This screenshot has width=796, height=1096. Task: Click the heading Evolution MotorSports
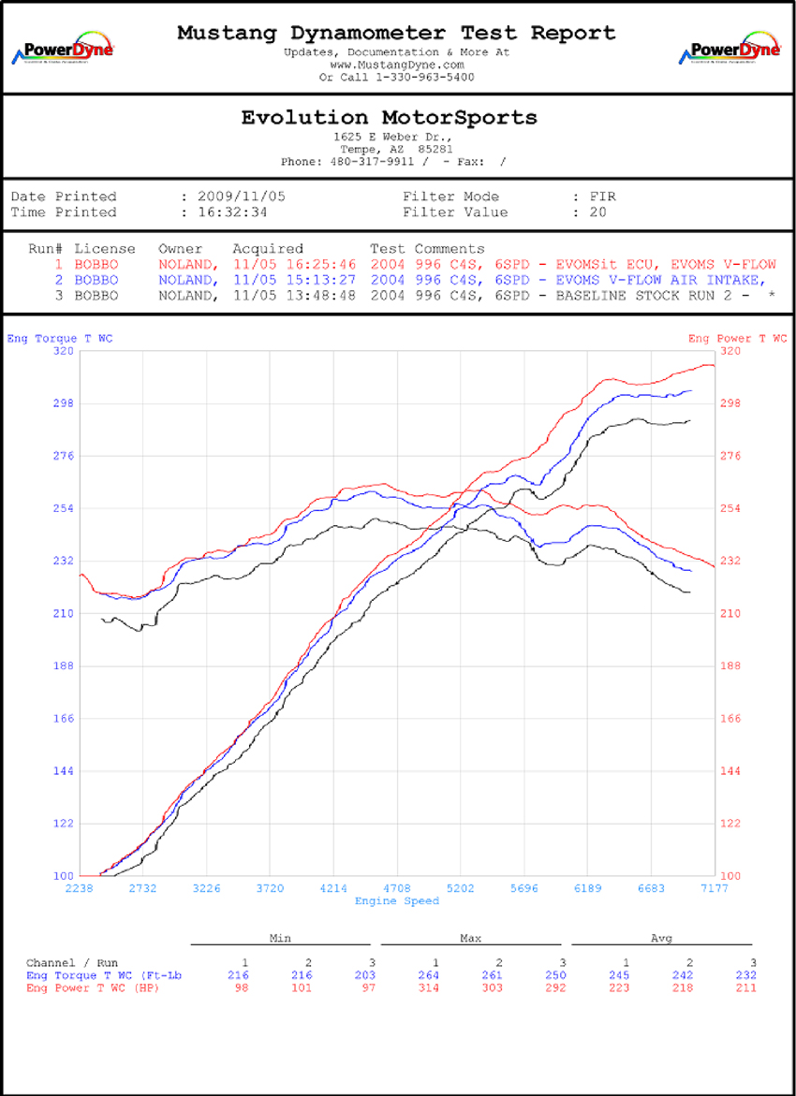[x=390, y=118]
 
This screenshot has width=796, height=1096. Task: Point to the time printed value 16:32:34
[x=233, y=212]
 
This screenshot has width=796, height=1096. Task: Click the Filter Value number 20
[x=597, y=212]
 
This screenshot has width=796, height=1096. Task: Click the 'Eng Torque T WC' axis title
[x=59, y=338]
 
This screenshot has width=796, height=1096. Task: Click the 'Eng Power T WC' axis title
[x=737, y=338]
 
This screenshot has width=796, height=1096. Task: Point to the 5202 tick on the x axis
[x=461, y=888]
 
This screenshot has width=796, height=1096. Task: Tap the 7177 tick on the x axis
[x=715, y=888]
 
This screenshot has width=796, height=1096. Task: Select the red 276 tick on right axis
[x=730, y=456]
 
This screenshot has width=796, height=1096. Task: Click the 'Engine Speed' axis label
[x=397, y=901]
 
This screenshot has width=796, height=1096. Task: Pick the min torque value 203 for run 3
[x=372, y=975]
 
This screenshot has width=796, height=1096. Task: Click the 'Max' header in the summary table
[x=470, y=938]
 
